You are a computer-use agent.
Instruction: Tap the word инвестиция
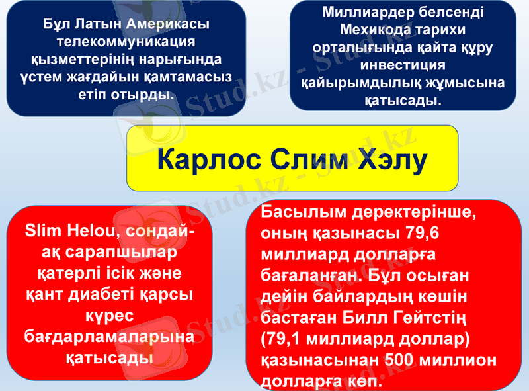click(402, 65)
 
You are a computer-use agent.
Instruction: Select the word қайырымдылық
click(351, 83)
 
